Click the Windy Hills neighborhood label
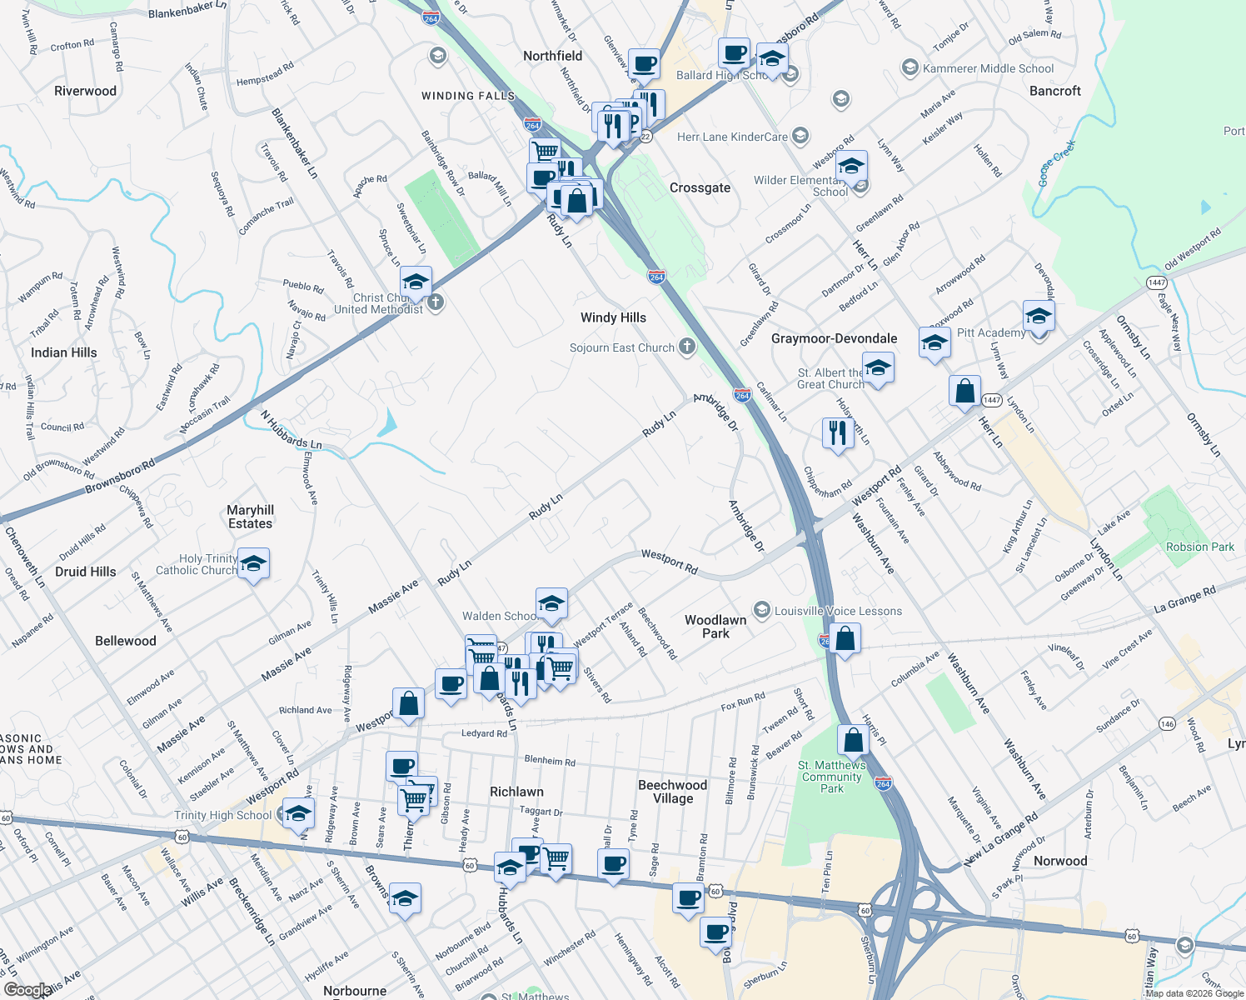tap(613, 317)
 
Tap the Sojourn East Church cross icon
tap(687, 347)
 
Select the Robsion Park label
tap(1199, 547)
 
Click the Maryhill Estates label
tap(250, 517)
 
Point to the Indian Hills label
tap(63, 352)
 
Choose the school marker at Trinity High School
tap(297, 813)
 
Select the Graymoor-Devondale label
tap(834, 338)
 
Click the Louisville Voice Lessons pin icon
tap(761, 611)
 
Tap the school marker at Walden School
tap(551, 604)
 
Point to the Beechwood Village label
tap(672, 792)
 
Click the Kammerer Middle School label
tap(988, 68)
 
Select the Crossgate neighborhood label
tap(700, 187)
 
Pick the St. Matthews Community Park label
tap(832, 777)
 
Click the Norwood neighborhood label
tap(1059, 861)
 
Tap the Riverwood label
tap(85, 91)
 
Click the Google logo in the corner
tap(27, 989)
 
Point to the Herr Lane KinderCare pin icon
tap(800, 136)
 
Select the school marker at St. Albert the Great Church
tap(878, 368)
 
